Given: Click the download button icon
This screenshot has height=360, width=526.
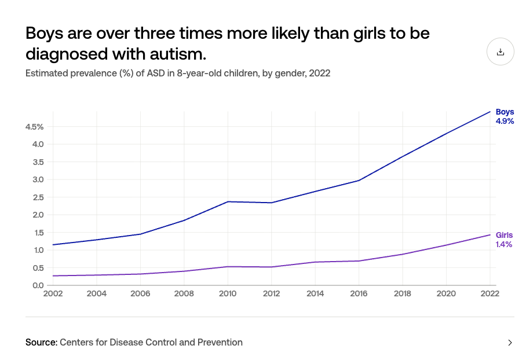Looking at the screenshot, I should click(x=501, y=52).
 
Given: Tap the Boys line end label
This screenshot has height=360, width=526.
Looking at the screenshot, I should click(x=505, y=112).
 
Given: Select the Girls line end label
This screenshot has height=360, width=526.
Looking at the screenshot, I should click(x=504, y=235).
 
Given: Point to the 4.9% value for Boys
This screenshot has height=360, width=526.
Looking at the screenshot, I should click(x=505, y=122).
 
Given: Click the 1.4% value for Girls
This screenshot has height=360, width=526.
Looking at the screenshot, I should click(x=503, y=244).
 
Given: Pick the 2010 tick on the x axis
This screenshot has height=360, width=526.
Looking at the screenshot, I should click(x=228, y=293).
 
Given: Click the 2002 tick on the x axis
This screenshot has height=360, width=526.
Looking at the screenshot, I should click(x=53, y=293).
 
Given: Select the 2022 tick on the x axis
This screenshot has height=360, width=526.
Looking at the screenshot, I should click(x=490, y=293).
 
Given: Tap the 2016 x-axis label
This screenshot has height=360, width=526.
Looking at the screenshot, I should click(x=359, y=293).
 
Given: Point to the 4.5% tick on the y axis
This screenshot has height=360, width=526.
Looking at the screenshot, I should click(x=34, y=127).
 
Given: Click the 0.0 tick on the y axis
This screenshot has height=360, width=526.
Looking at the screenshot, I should click(x=38, y=285).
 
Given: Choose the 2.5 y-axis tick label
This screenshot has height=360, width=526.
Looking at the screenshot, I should click(x=38, y=197).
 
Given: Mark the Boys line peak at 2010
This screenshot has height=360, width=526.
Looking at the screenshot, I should click(x=228, y=201).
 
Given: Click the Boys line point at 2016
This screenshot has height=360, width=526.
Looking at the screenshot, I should click(x=359, y=181).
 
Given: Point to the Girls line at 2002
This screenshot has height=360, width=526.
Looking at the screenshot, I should click(x=53, y=275).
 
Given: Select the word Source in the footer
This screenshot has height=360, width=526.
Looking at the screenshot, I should click(x=41, y=342).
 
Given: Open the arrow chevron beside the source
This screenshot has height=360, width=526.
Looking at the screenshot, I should click(x=510, y=343).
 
